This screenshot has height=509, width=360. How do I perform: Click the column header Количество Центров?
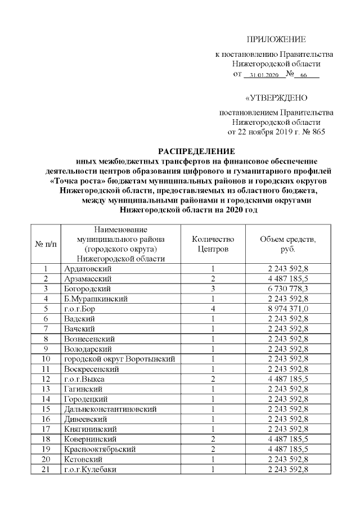[x=213, y=244]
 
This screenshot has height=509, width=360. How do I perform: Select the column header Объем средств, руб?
[x=287, y=244]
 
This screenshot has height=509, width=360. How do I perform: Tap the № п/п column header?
[x=46, y=244]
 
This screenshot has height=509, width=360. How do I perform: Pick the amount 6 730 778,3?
[x=287, y=289]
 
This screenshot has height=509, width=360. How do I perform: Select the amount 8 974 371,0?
[x=287, y=309]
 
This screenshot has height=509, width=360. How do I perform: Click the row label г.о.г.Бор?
[x=81, y=309]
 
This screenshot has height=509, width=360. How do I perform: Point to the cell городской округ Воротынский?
[x=119, y=359]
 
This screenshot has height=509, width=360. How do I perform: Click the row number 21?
[x=46, y=469]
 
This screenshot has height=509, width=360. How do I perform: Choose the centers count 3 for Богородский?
[x=213, y=289]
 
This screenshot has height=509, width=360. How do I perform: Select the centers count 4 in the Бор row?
[x=213, y=309]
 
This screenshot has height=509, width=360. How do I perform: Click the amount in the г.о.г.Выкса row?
[x=287, y=379]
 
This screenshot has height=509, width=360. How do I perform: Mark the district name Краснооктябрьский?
[x=100, y=449]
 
